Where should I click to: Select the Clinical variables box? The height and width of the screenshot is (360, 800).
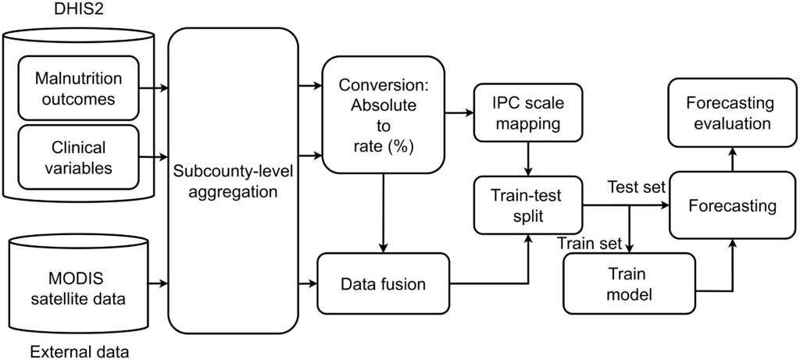click(78, 155)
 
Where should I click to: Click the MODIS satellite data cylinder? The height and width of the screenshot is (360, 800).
click(77, 286)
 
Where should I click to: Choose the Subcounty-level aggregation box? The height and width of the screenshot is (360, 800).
click(234, 180)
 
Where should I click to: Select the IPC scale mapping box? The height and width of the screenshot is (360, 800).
click(528, 113)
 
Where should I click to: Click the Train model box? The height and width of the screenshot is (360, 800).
click(629, 283)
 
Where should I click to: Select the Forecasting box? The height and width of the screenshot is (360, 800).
click(733, 206)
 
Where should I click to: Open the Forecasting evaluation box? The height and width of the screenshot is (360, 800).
click(729, 113)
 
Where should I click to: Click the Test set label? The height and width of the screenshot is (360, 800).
click(636, 188)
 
